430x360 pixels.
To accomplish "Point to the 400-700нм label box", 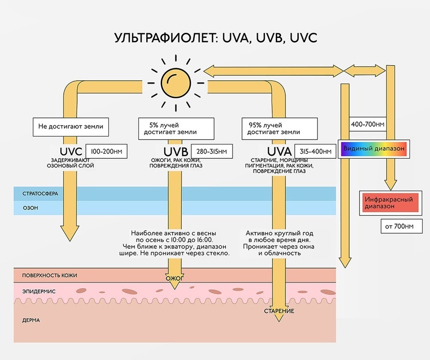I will coord(367,124).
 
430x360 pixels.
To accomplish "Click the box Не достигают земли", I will coord(71,126).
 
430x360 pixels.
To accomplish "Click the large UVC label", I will coord(71,151).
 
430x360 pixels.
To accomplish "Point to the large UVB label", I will coord(175,151).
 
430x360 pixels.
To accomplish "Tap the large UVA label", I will coord(279,151).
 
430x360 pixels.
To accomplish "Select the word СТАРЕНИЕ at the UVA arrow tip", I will coord(279,311).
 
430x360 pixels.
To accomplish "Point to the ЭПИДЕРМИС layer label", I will coord(39,291).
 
